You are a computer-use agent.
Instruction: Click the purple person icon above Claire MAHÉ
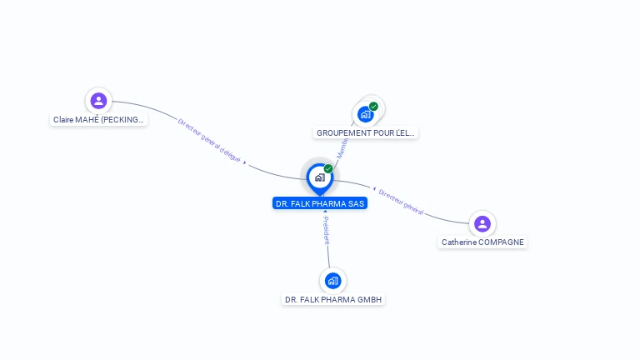[98, 101]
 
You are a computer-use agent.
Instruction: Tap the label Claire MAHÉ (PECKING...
[99, 120]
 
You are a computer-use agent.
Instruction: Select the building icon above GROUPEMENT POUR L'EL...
[365, 114]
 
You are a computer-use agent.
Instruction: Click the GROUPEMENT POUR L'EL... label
[366, 132]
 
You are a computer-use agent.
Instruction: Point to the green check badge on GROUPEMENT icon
[373, 106]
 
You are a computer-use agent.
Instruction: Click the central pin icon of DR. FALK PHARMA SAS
[319, 177]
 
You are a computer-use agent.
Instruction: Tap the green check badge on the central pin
[328, 168]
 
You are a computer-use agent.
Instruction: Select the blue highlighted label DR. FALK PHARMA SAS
[319, 203]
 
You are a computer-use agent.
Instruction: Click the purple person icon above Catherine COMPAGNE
[482, 223]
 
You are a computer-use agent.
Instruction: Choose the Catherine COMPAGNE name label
[483, 242]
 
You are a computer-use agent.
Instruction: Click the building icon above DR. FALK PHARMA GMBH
[332, 280]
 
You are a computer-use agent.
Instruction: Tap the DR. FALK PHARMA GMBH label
[333, 300]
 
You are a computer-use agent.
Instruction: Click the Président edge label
[327, 231]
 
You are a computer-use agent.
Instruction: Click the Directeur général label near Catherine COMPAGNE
[402, 202]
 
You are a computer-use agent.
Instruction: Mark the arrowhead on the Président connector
[325, 212]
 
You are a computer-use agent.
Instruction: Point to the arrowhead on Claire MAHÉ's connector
[245, 162]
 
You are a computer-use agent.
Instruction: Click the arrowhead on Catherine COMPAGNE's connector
[374, 188]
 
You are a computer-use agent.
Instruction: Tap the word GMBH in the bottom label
[369, 300]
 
